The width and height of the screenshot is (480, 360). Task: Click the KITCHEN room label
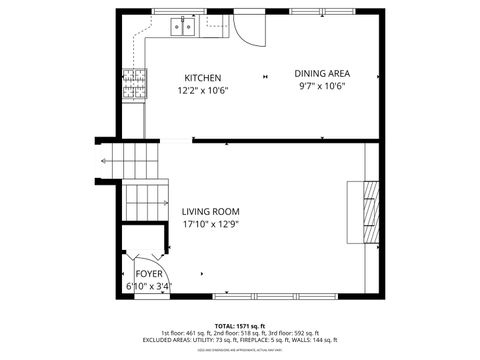point(203,78)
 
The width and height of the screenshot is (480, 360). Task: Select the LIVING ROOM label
point(210,211)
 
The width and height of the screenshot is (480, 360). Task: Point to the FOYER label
point(149,272)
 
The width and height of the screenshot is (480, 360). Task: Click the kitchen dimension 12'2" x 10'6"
point(203,90)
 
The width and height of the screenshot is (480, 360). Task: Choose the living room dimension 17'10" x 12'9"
point(210,225)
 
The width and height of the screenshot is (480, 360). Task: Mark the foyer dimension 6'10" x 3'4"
point(149,286)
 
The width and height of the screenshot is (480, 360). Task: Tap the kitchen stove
point(133,84)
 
